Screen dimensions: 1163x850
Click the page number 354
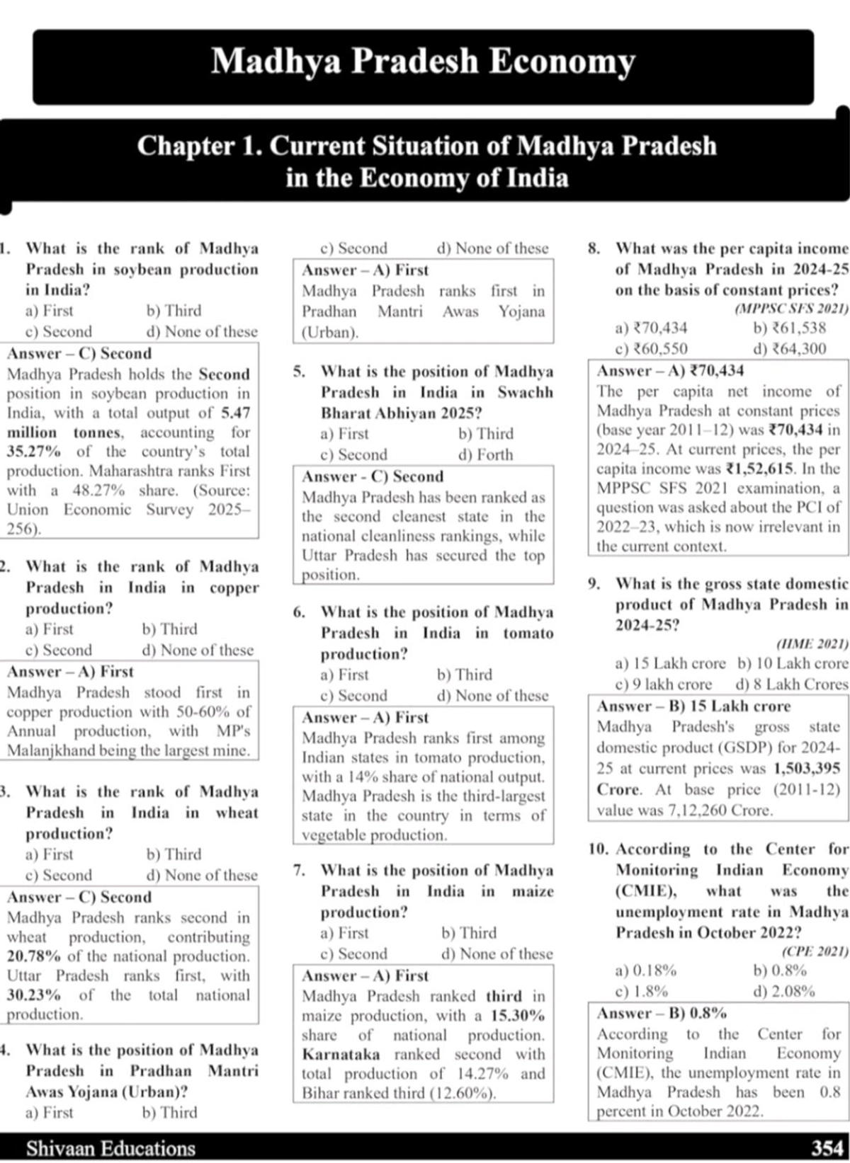(827, 1147)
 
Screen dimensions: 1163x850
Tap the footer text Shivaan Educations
(110, 1147)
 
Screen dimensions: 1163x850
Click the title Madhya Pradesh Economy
(423, 62)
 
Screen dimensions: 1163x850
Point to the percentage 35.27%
(33, 452)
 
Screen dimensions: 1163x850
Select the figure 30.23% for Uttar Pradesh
(33, 995)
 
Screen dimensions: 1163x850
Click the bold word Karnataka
(340, 1054)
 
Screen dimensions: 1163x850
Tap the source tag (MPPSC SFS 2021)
(791, 309)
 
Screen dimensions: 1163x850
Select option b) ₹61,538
(789, 328)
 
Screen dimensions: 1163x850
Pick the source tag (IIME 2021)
(812, 643)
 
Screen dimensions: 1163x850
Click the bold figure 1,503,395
(807, 768)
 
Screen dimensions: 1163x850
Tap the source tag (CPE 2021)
(815, 951)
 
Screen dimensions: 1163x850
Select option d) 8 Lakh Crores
(791, 684)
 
